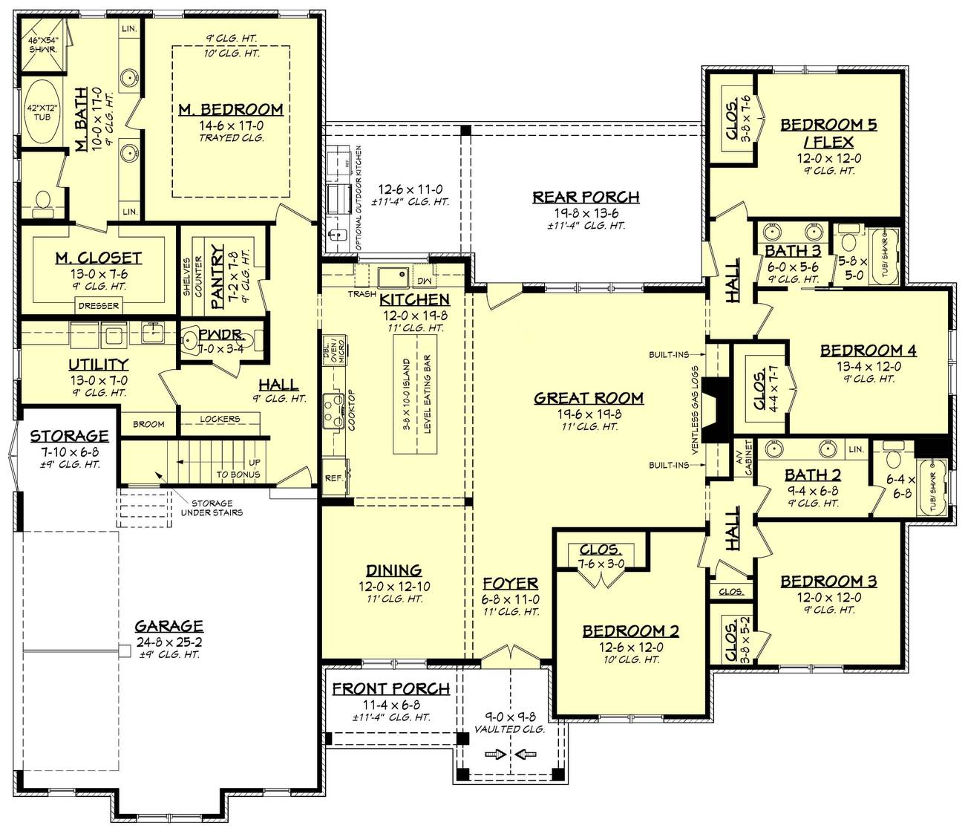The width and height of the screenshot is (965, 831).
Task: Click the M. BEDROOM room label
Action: click(230, 109)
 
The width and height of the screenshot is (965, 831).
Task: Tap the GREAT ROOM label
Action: click(589, 398)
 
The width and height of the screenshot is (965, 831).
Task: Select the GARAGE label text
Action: click(169, 626)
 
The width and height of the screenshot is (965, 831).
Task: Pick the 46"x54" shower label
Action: click(42, 44)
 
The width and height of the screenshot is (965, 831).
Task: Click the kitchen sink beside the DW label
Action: click(392, 278)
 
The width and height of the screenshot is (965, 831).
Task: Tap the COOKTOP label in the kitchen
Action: click(351, 410)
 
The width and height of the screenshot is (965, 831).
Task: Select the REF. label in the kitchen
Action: click(334, 478)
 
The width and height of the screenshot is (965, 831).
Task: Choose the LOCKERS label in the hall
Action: click(220, 419)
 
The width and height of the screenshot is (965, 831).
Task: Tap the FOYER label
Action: click(510, 583)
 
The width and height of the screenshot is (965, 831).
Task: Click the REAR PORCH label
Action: click(586, 197)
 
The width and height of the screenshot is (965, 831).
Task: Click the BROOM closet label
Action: click(148, 424)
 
